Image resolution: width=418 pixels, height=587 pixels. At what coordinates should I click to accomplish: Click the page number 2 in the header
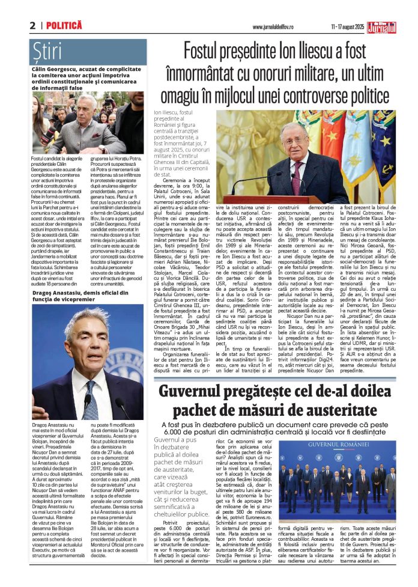(32, 25)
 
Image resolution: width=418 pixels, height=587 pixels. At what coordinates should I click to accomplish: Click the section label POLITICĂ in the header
(64, 26)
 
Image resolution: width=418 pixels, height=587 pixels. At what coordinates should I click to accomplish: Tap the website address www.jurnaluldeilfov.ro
(276, 27)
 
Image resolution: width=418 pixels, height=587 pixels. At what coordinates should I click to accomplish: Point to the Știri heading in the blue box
(47, 52)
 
